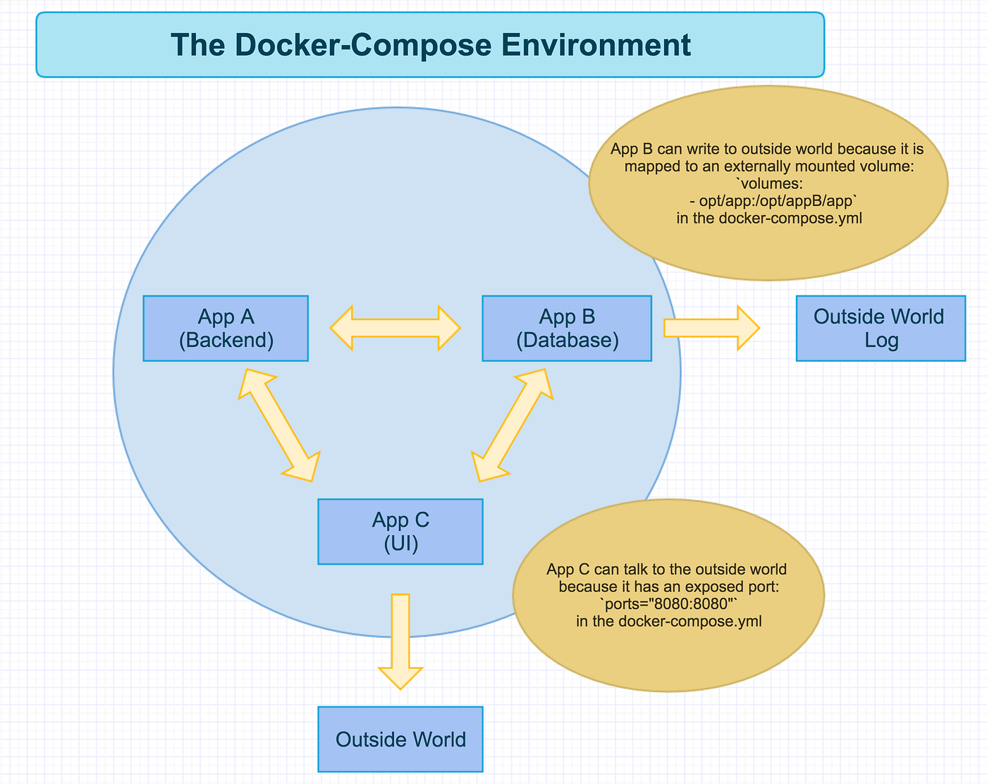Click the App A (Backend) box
[x=226, y=329]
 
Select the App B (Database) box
[x=567, y=329]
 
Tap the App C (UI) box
[x=400, y=532]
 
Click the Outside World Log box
[x=881, y=329]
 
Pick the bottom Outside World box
[x=400, y=739]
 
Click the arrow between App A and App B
[x=396, y=328]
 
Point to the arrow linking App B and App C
[x=513, y=424]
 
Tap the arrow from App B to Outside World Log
[x=711, y=328]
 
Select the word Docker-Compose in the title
[x=342, y=45]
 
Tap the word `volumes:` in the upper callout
[x=769, y=184]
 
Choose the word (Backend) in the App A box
[x=226, y=341]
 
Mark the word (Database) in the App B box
[x=567, y=341]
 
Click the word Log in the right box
[x=881, y=341]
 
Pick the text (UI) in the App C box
[x=400, y=544]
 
